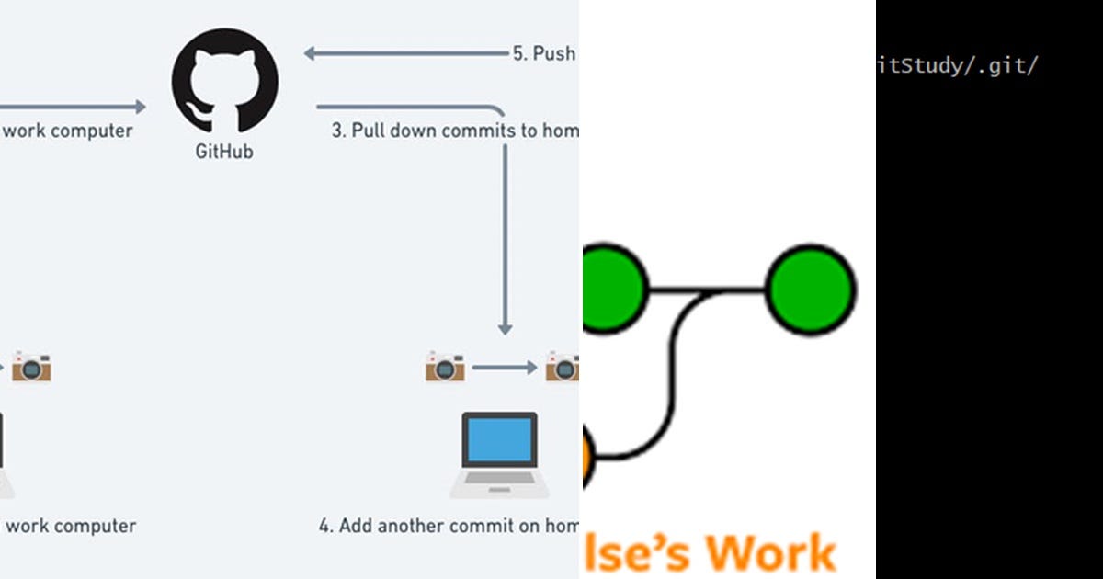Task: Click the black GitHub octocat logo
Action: [x=224, y=84]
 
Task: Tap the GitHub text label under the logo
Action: [x=224, y=152]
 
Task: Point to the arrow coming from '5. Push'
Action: [x=404, y=53]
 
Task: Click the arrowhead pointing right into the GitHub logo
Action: [x=140, y=108]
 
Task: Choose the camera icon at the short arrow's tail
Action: [x=445, y=367]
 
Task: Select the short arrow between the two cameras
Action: [x=504, y=368]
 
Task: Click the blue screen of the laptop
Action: [x=498, y=440]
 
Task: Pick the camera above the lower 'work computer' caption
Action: [x=31, y=367]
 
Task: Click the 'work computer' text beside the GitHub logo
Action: [x=69, y=131]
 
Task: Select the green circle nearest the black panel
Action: [x=811, y=290]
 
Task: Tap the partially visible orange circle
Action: [x=588, y=458]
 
